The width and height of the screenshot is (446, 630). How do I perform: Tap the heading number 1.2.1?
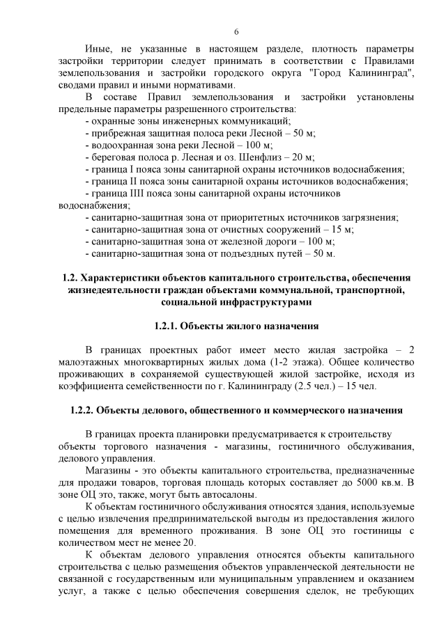point(169,326)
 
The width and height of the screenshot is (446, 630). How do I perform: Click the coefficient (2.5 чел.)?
point(328,386)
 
